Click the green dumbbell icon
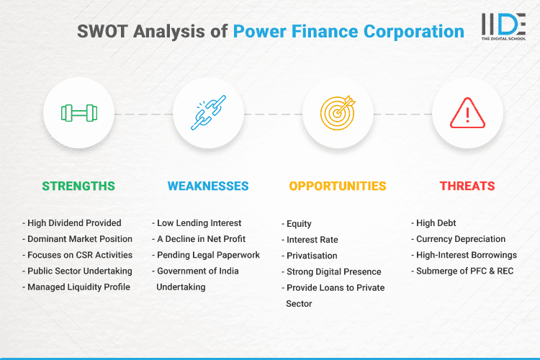pos(78,113)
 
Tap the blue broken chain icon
pos(208,113)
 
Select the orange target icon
pos(338,113)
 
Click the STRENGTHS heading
pos(78,186)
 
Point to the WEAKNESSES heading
pos(208,186)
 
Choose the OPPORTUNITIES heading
pos(338,186)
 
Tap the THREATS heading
pos(467,186)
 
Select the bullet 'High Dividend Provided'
pos(74,223)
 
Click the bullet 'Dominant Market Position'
pos(79,239)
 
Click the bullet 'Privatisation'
pos(312,256)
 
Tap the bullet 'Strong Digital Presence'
pos(333,271)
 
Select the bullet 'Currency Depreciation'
pos(461,239)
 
